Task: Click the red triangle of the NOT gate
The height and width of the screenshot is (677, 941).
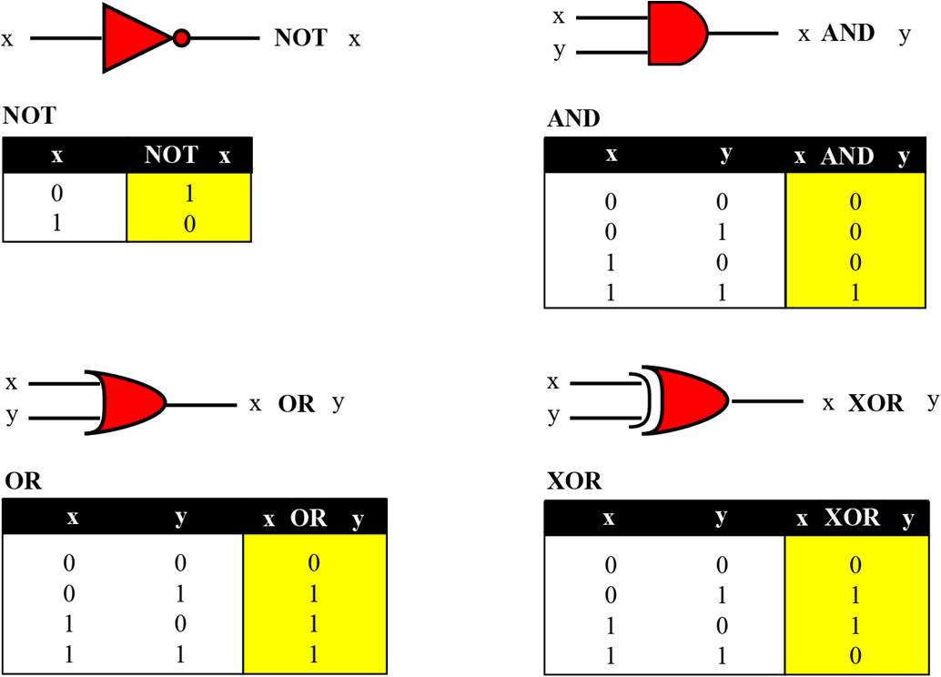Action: pyautogui.click(x=133, y=38)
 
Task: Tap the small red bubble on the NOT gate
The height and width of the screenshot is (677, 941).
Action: pyautogui.click(x=181, y=38)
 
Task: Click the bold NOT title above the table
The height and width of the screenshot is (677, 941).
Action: pyautogui.click(x=29, y=116)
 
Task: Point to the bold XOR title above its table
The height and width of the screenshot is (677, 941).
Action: pyautogui.click(x=573, y=480)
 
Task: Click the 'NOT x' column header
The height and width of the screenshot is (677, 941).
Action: pyautogui.click(x=187, y=156)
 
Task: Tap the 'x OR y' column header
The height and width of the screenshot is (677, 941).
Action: pyautogui.click(x=313, y=519)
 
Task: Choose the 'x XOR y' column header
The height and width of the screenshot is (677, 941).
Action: pyautogui.click(x=855, y=518)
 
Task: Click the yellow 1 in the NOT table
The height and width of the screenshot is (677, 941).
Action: pyautogui.click(x=189, y=193)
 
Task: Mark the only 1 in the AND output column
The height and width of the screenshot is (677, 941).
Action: pyautogui.click(x=855, y=292)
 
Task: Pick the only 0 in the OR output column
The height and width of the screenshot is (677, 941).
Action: pyautogui.click(x=313, y=562)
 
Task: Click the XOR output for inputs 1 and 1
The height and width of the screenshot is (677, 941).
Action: pyautogui.click(x=855, y=655)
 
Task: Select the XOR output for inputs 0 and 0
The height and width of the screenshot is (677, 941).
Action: pyautogui.click(x=855, y=565)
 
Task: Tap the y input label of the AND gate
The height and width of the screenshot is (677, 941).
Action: pyautogui.click(x=560, y=50)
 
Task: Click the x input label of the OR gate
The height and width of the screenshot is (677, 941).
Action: pyautogui.click(x=11, y=382)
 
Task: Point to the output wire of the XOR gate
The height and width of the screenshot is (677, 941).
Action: pyautogui.click(x=767, y=401)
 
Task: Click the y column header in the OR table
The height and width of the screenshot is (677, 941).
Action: pyautogui.click(x=180, y=518)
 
